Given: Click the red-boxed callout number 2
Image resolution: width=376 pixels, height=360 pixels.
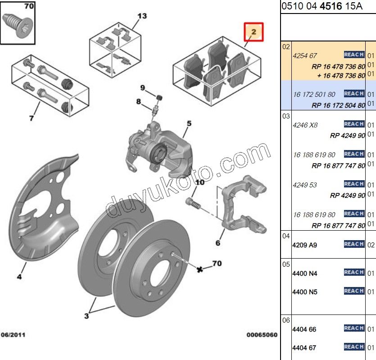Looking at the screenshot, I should (x=253, y=32).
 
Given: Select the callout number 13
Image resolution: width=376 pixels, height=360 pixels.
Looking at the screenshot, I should (x=142, y=16).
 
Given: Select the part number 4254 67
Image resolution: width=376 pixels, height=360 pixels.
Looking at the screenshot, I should (x=305, y=56).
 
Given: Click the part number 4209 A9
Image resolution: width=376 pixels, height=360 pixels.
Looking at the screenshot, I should (x=305, y=245).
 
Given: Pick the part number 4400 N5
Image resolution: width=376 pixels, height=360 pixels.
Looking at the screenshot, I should (x=305, y=292).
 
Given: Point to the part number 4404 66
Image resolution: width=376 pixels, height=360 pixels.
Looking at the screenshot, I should (x=304, y=329).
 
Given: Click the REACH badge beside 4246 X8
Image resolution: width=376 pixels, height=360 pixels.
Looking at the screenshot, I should (x=354, y=124).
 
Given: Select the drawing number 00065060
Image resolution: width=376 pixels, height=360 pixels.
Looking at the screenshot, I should (x=262, y=335).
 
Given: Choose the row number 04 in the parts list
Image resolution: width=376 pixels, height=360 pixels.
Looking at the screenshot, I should (x=286, y=236).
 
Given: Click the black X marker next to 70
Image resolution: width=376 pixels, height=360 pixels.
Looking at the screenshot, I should (x=200, y=269).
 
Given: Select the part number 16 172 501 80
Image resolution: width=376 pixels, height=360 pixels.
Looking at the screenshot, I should (x=314, y=94).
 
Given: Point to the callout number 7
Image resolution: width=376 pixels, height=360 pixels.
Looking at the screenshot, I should (x=32, y=118).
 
